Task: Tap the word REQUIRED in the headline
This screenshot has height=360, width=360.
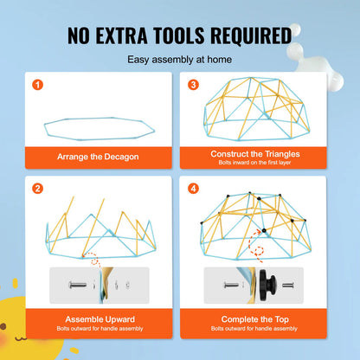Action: pos(251,35)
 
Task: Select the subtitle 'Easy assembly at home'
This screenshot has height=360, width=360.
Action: pos(179,60)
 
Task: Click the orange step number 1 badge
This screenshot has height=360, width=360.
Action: pos(38,85)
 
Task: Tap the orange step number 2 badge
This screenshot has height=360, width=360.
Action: pos(38,189)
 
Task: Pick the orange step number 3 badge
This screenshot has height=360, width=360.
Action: pos(193,85)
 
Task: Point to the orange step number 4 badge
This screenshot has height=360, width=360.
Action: pos(193,189)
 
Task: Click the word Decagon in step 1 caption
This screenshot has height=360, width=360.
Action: pos(121,157)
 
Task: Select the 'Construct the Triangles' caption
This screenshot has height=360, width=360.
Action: pos(255,154)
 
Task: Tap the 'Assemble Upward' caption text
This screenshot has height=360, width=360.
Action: pos(100,319)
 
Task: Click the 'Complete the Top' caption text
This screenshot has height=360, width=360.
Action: pos(254,319)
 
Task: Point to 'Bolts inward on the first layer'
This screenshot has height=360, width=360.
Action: pos(254,163)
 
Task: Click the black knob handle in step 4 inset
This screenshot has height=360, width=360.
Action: pos(267,286)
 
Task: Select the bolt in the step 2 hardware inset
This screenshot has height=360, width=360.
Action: pos(78,286)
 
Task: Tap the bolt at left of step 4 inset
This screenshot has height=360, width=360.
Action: pos(231,286)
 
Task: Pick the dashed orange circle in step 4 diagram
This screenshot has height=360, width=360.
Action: pos(259,251)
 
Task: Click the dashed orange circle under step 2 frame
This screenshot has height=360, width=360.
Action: pos(94,261)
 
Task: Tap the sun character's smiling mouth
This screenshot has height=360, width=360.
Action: pos(21,337)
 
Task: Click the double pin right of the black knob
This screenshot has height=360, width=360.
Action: pos(287,286)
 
